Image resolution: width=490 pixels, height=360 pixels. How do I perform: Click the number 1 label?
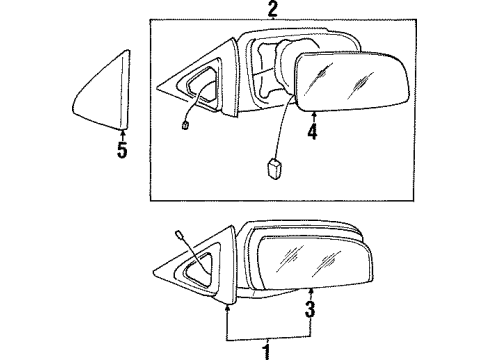tap(265, 351)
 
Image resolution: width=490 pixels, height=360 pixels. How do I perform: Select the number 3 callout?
tap(310, 309)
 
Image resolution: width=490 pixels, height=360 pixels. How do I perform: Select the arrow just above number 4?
tap(314, 115)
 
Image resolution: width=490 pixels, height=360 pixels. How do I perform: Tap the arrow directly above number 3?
tap(310, 293)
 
